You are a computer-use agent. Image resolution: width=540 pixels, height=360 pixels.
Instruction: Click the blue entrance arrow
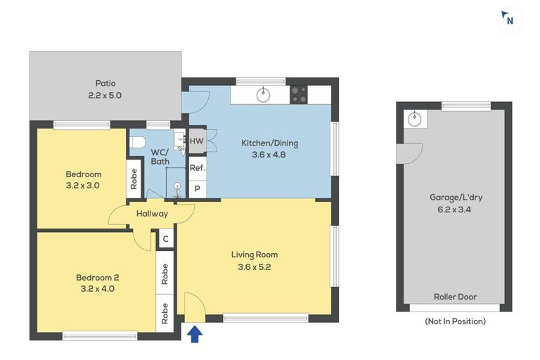click(x=195, y=334)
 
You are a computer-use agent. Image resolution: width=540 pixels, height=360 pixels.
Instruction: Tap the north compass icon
click(x=507, y=19)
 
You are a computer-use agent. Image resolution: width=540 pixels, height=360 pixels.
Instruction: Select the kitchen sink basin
click(x=264, y=95)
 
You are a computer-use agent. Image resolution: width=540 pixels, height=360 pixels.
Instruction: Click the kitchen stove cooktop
click(x=299, y=95)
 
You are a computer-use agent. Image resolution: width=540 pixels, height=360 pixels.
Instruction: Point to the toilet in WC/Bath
click(x=137, y=142)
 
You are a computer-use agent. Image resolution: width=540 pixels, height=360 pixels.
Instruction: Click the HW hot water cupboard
click(x=197, y=141)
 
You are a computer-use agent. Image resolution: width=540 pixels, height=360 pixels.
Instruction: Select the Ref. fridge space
click(x=198, y=169)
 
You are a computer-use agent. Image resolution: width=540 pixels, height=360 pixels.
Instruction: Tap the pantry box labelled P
click(x=198, y=188)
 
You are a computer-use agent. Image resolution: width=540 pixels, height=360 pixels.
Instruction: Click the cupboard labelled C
click(x=166, y=239)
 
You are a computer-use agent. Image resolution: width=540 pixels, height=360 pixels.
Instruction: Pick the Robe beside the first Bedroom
click(x=134, y=179)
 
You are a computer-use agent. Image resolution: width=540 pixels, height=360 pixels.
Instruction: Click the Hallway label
click(x=152, y=214)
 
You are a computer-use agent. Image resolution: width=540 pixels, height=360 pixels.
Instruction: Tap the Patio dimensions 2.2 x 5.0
click(x=105, y=95)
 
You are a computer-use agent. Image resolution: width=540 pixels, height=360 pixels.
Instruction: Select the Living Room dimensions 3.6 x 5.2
click(x=254, y=267)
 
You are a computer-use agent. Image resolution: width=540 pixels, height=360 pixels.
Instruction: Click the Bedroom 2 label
click(x=98, y=277)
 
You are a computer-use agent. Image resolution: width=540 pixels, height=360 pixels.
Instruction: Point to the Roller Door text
click(x=456, y=297)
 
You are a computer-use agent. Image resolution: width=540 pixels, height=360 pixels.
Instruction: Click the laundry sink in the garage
click(x=415, y=120)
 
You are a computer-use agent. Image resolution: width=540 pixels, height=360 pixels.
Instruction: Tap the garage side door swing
click(x=409, y=153)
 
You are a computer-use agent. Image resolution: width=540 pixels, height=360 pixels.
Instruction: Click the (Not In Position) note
click(x=456, y=321)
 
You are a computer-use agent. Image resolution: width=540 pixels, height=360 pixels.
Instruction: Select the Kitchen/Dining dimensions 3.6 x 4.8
click(x=269, y=154)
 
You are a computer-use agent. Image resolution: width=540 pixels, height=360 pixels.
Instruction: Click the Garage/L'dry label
click(x=456, y=198)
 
